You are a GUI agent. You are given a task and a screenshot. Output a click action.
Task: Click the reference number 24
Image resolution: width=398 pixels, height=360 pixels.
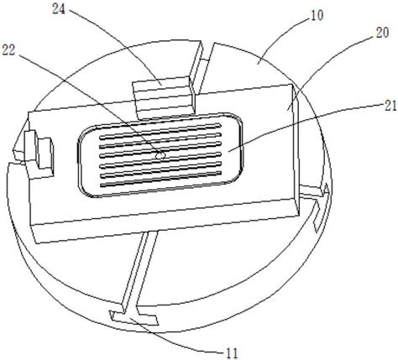tap(59, 9)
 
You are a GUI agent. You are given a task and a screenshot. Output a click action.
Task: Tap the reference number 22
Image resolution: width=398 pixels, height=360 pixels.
tap(8, 50)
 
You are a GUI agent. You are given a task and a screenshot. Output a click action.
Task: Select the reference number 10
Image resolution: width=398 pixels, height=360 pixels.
tap(317, 15)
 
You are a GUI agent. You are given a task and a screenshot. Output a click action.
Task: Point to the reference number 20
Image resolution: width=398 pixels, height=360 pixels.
tap(382, 33)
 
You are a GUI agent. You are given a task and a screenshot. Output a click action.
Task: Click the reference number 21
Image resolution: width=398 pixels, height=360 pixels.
tap(390, 107)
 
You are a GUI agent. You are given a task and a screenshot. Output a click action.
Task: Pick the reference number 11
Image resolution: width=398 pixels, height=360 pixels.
tap(232, 353)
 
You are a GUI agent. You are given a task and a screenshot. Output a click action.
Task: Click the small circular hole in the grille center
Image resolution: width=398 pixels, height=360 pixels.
tap(160, 155)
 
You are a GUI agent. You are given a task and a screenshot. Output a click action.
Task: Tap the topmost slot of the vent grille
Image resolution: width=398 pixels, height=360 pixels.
tap(161, 131)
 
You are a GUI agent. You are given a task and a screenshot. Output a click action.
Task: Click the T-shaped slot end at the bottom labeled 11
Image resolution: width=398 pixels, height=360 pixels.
tap(134, 317)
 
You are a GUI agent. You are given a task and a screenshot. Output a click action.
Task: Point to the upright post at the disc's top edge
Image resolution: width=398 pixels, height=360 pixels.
tap(198, 67)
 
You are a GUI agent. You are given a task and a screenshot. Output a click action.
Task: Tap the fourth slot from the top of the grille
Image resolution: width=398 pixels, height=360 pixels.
tap(161, 153)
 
